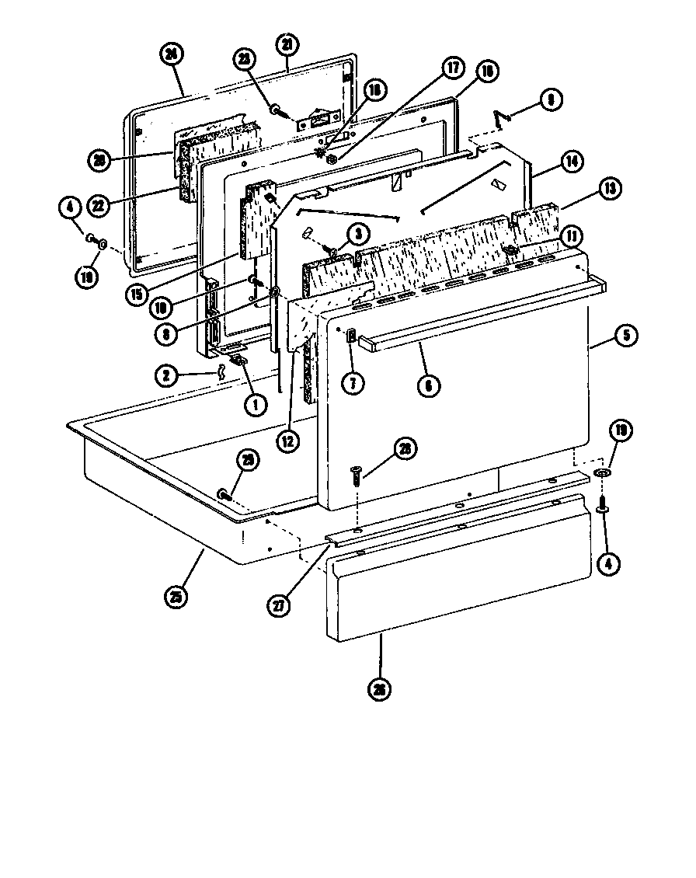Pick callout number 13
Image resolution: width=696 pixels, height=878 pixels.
click(x=609, y=188)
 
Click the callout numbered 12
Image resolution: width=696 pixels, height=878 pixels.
click(x=289, y=441)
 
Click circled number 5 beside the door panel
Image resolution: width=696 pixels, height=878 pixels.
click(x=626, y=336)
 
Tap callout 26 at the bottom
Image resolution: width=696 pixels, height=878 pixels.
click(x=378, y=689)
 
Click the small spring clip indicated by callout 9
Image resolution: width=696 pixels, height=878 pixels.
click(x=501, y=117)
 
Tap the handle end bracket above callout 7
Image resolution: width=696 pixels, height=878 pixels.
click(x=350, y=336)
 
